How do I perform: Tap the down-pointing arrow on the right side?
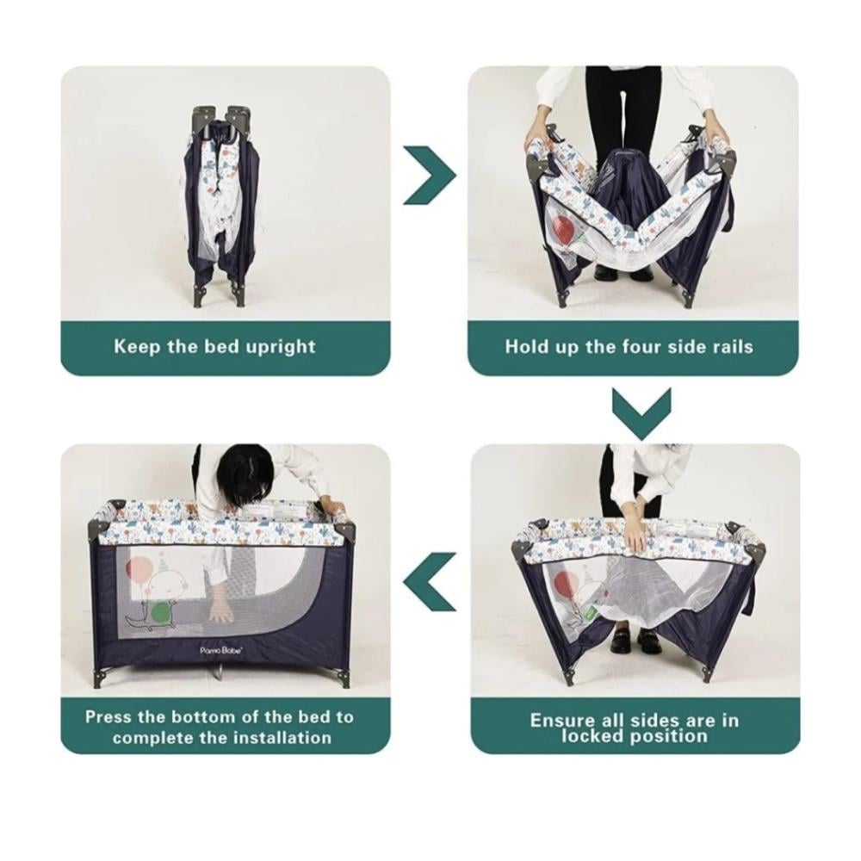(x=641, y=413)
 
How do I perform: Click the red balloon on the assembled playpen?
(x=139, y=571)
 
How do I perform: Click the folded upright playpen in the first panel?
(x=218, y=205)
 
